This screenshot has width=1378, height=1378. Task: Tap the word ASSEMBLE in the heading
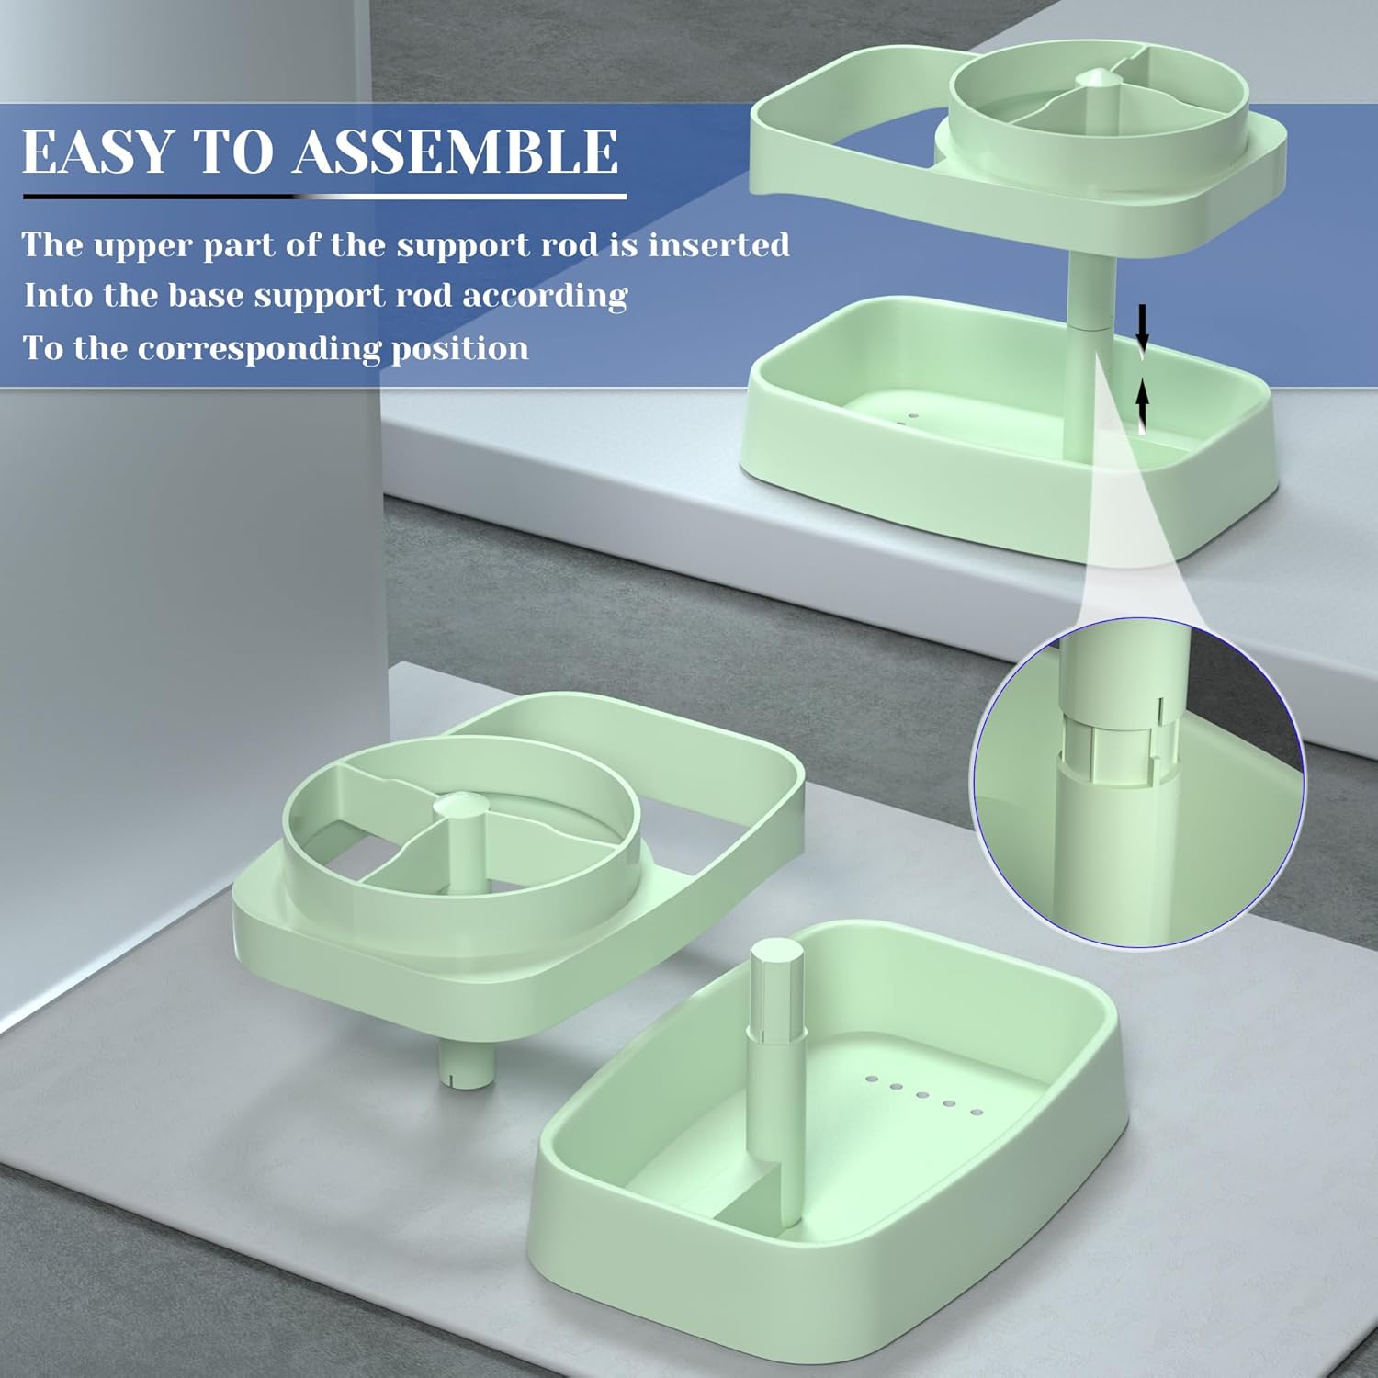coord(456,152)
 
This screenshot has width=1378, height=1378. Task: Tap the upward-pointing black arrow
coord(1142,406)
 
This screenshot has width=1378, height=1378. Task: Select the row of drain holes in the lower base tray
coord(924,1095)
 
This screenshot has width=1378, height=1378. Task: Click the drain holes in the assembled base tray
coord(909,420)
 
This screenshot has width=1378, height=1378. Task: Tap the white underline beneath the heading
coord(324,196)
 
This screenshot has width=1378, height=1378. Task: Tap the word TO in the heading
coord(232,152)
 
